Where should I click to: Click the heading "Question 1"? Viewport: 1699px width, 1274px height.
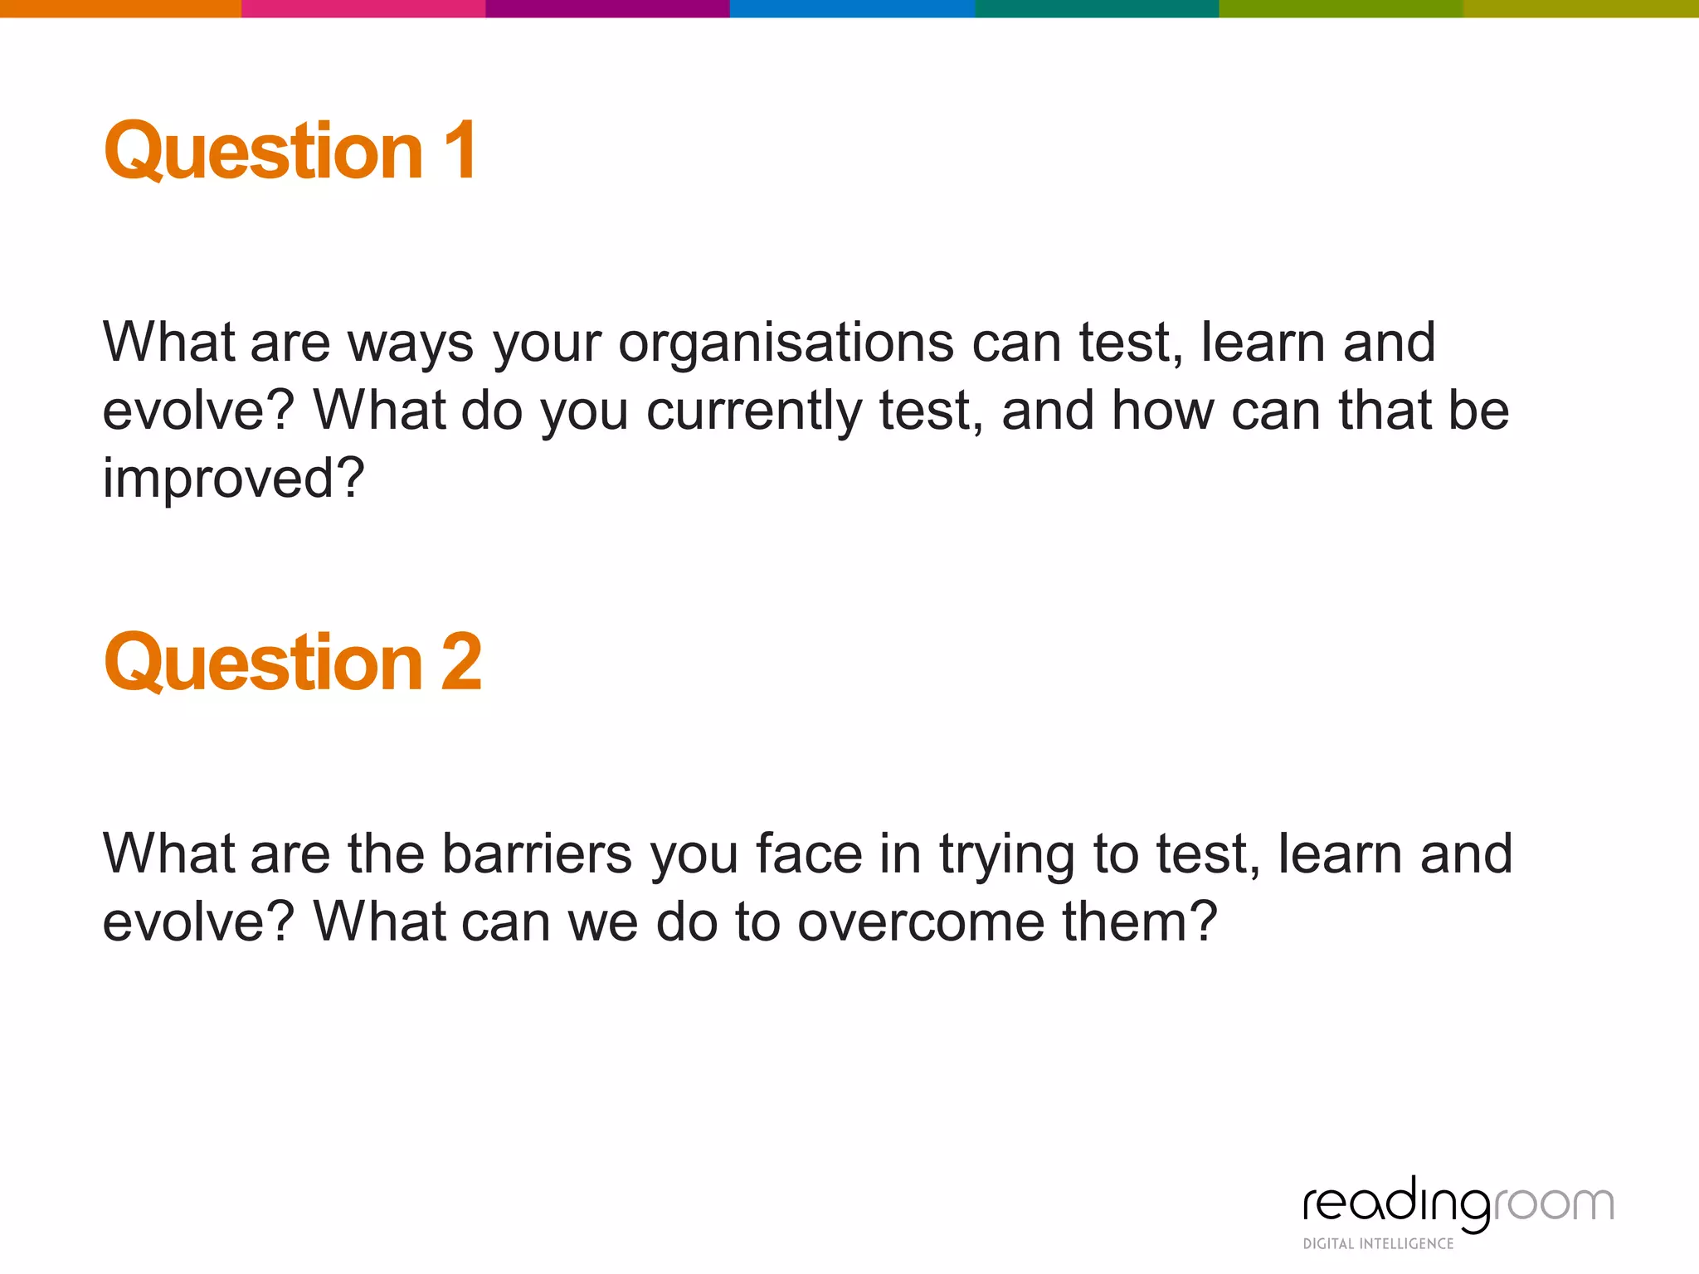[x=290, y=151]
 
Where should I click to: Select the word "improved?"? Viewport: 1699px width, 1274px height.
[x=233, y=479]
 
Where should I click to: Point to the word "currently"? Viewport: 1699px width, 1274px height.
[x=754, y=411]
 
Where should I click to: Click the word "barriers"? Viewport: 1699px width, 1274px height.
[x=537, y=853]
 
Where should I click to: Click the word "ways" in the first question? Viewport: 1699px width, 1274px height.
[x=411, y=344]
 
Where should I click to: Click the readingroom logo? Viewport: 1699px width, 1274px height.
[x=1458, y=1203]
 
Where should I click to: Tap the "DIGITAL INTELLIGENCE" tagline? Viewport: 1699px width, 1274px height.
[x=1378, y=1243]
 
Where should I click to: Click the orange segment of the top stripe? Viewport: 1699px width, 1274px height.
[x=120, y=8]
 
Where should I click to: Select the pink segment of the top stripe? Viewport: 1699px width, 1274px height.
[x=363, y=8]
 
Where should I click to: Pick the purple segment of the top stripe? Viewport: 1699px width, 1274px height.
[x=607, y=8]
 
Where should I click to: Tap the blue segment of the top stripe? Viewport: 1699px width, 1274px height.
[x=852, y=8]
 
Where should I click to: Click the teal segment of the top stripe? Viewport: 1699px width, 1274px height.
[x=1097, y=8]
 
